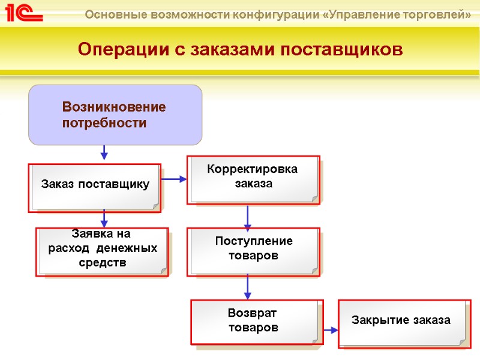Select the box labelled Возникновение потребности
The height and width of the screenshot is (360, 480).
tap(115, 115)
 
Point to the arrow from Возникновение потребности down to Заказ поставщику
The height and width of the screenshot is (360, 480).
tap(104, 152)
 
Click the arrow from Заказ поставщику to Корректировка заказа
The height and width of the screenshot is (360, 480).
tap(175, 178)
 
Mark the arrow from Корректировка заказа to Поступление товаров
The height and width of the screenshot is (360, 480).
tap(247, 217)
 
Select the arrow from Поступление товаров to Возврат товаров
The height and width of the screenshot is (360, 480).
tap(247, 289)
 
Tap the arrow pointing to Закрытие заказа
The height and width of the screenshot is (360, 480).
tap(331, 329)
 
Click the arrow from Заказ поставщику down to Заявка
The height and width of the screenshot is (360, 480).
tap(104, 218)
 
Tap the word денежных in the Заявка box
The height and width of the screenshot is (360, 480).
tap(129, 248)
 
